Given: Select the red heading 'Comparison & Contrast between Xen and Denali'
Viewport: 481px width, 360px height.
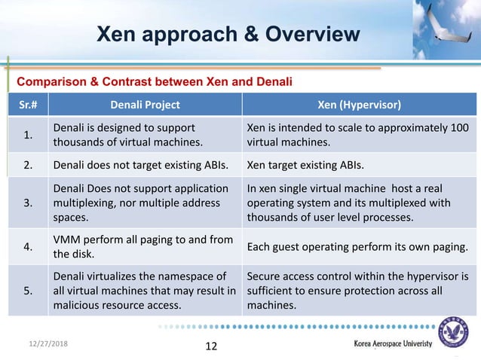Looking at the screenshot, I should point(155,81).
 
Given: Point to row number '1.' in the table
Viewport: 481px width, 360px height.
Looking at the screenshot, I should point(28,135).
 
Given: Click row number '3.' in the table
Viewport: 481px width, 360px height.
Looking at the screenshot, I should point(28,203).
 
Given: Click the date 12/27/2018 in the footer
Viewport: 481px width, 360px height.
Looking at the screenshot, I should point(38,343).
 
